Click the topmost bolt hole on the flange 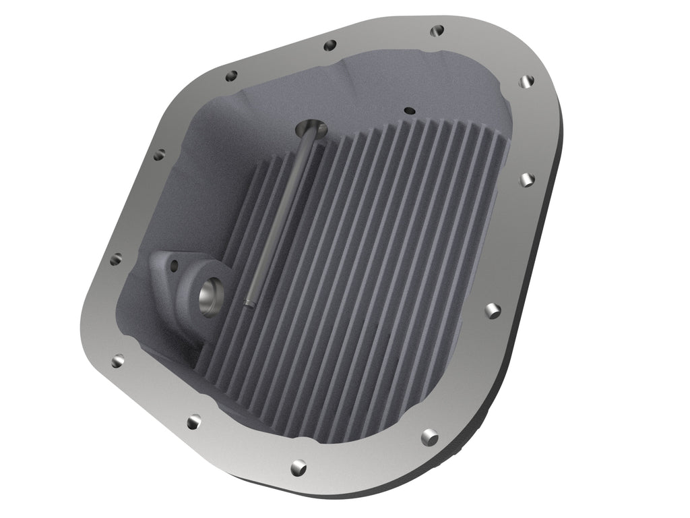[x=437, y=30]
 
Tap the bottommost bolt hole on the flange [x=299, y=466]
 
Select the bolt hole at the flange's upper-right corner [x=527, y=80]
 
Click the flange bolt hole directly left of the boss [x=117, y=258]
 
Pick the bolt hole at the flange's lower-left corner [x=118, y=361]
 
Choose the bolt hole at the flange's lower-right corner [x=429, y=436]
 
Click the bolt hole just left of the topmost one [x=330, y=46]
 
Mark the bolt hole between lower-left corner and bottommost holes [x=194, y=421]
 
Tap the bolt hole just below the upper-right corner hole [x=527, y=179]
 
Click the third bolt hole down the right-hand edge [x=493, y=310]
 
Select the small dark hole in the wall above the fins [x=408, y=109]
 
